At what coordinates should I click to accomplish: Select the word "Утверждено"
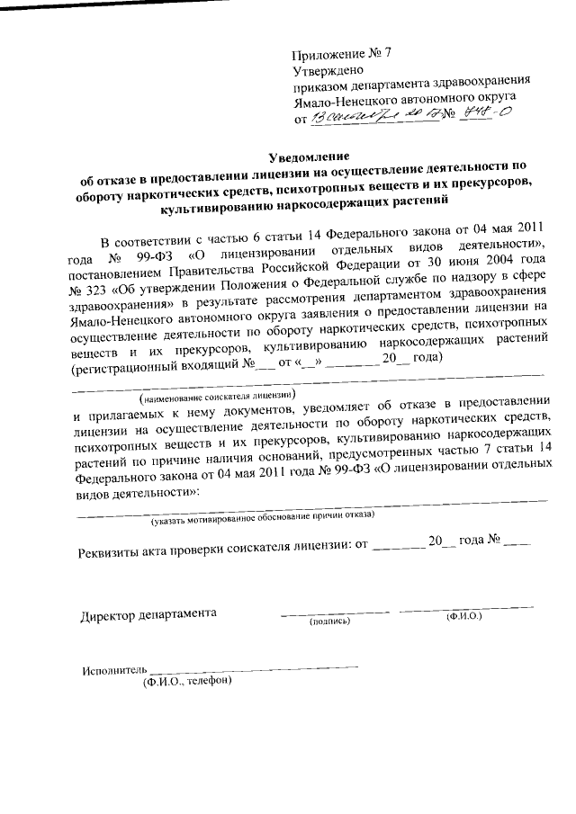328,69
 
